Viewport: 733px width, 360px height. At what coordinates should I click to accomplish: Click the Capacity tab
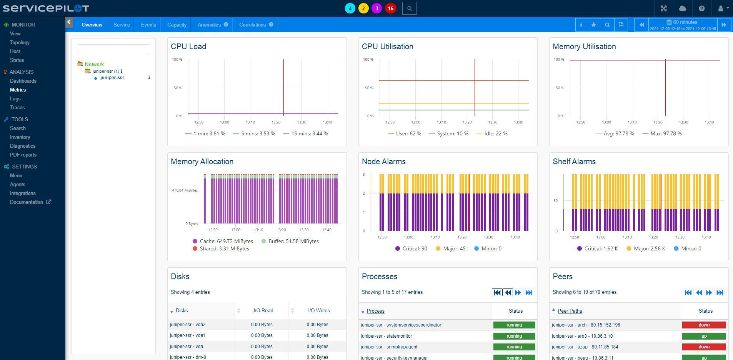tap(177, 25)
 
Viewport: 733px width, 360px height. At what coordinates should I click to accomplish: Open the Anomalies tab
tap(209, 25)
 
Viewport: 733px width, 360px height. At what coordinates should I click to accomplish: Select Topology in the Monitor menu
tap(20, 42)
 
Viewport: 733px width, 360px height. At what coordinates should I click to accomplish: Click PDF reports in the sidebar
tap(23, 155)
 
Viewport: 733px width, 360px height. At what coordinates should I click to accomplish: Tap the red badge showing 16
tap(390, 8)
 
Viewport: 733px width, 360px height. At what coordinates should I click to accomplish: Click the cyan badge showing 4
tap(350, 8)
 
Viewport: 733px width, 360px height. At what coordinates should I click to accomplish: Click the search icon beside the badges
tap(409, 8)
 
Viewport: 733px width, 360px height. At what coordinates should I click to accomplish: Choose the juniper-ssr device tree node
tap(112, 78)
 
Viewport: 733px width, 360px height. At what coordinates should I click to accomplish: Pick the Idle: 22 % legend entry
tap(495, 133)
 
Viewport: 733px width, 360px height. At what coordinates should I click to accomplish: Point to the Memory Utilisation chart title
tap(584, 47)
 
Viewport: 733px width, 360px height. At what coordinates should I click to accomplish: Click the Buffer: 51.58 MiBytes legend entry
tap(293, 241)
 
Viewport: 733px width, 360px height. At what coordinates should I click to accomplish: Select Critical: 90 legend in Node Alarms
tap(414, 248)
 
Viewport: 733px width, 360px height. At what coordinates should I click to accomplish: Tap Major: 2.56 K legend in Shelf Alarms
tap(649, 248)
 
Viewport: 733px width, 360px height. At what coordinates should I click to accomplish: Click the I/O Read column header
tap(263, 310)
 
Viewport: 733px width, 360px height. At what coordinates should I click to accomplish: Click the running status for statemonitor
tap(514, 336)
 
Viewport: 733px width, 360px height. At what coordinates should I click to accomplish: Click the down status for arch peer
tap(704, 325)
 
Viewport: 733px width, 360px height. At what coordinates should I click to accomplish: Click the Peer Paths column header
tap(570, 311)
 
